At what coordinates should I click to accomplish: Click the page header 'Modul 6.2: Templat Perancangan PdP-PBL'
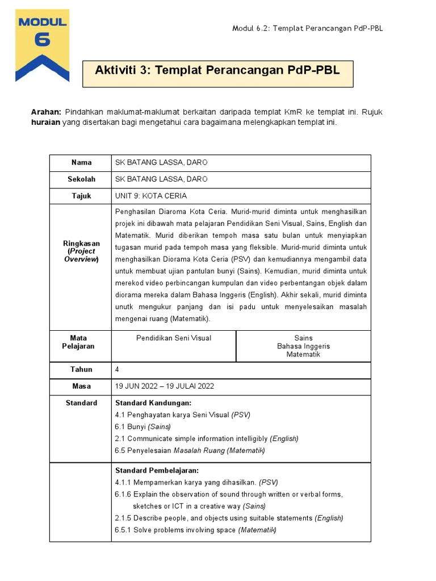pos(307,29)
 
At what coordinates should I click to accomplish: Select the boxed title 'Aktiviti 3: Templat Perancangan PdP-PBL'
pos(217,70)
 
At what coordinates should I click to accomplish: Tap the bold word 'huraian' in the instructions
pos(45,123)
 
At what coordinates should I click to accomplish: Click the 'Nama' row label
pos(81,163)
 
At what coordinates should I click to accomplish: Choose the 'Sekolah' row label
pos(81,179)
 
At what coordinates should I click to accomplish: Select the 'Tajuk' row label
pos(81,196)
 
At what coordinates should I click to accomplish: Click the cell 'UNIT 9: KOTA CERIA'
pos(151,196)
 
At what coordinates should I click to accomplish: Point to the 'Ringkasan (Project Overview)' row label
pos(81,251)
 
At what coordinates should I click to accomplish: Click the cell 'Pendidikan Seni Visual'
pos(174,338)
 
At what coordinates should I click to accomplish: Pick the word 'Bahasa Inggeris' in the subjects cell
pos(303,346)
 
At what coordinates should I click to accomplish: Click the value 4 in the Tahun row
pos(118,369)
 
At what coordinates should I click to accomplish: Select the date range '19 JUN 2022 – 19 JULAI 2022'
pos(165,386)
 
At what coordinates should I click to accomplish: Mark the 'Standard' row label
pos(81,403)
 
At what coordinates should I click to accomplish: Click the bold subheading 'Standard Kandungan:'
pos(153,403)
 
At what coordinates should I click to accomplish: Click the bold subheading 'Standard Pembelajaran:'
pos(157,471)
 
